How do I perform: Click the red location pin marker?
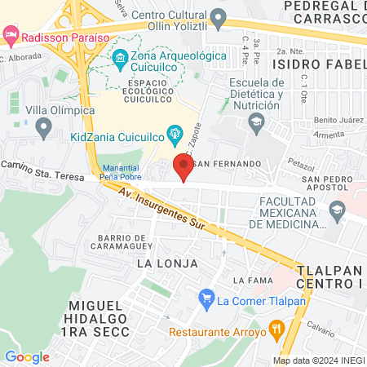[x=183, y=167]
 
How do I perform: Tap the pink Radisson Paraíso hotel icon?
[x=10, y=36]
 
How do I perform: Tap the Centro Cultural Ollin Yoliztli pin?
[x=218, y=17]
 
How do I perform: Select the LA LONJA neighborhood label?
[x=167, y=263]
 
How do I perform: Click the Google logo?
[x=27, y=356]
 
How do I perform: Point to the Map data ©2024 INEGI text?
[x=319, y=360]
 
